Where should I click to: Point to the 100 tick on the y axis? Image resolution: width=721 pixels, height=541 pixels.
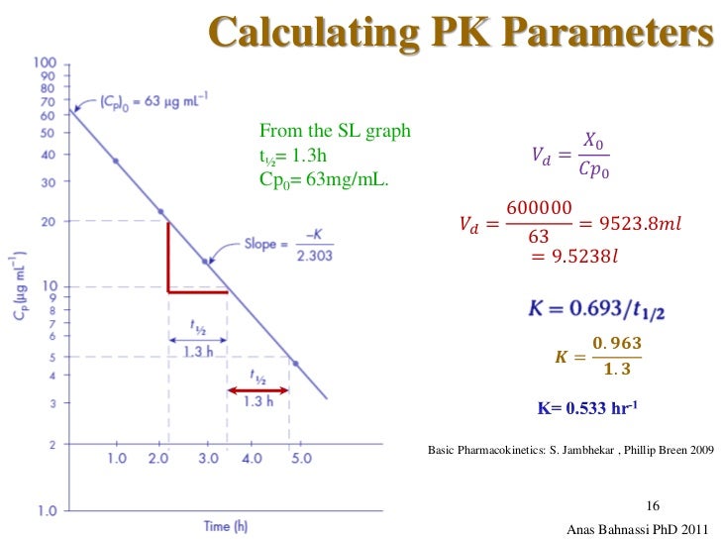(x=46, y=62)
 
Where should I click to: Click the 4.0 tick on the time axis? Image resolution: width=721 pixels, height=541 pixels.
(x=252, y=459)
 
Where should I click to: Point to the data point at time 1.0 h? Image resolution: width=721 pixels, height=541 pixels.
(x=116, y=161)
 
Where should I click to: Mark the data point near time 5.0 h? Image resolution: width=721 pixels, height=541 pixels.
(x=295, y=364)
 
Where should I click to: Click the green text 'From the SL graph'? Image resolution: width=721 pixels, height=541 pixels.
(x=334, y=131)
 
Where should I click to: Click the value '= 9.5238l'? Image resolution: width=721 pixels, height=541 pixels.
(x=573, y=258)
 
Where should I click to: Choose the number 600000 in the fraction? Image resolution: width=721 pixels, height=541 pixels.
(x=539, y=209)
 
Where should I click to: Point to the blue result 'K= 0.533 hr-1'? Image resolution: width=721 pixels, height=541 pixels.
(x=587, y=406)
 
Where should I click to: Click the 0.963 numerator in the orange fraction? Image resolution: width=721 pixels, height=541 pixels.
(x=616, y=344)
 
